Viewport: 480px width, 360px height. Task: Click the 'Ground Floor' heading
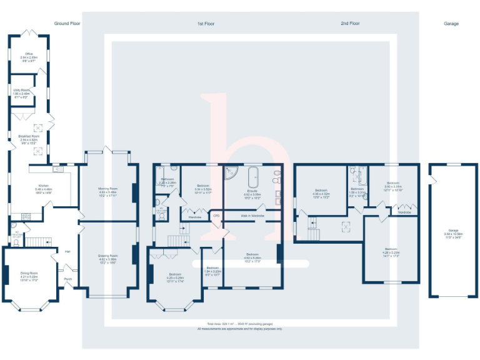click(x=67, y=24)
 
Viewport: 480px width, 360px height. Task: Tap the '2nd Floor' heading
click(x=350, y=24)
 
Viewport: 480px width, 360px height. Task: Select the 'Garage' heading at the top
click(x=451, y=24)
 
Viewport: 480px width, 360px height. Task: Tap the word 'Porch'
click(x=67, y=279)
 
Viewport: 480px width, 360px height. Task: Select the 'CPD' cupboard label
click(x=216, y=216)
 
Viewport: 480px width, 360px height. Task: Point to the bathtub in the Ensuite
click(x=254, y=178)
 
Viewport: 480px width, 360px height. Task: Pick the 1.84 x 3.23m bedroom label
click(x=212, y=270)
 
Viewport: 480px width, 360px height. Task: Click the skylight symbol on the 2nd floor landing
click(x=343, y=227)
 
